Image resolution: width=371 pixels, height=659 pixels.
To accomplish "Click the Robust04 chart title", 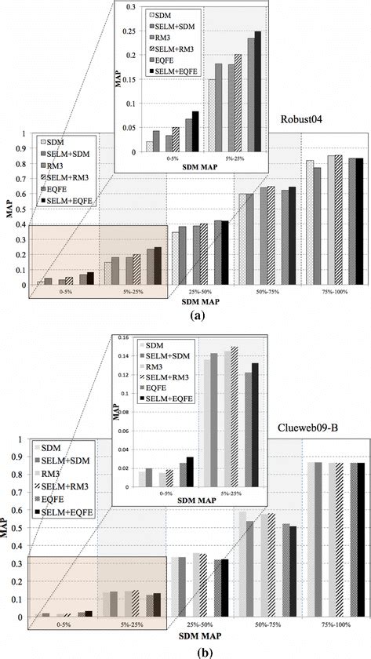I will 303,120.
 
